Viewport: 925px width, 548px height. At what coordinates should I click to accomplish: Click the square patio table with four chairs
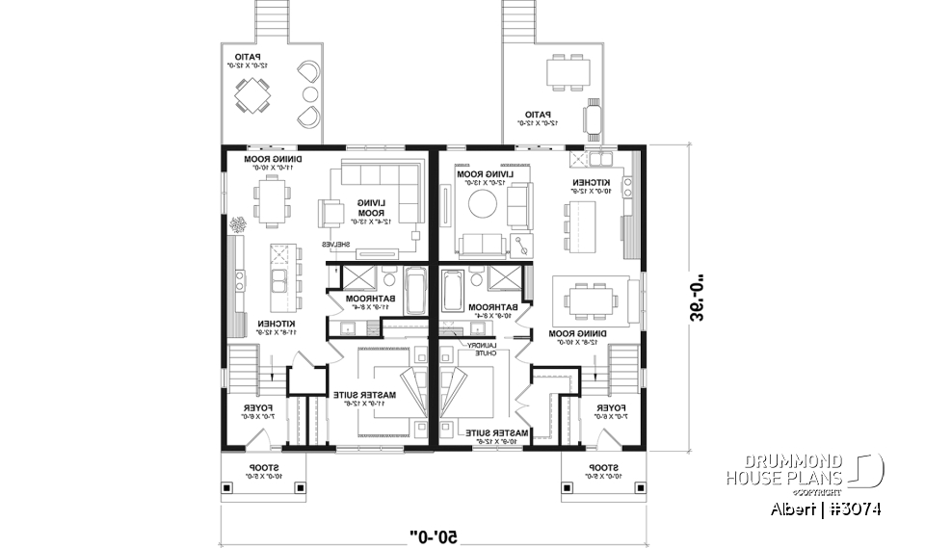pos(254,96)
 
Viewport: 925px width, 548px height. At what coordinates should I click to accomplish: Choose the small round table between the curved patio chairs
pos(310,94)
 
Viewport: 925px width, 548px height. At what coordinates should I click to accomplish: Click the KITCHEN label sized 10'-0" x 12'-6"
pos(589,187)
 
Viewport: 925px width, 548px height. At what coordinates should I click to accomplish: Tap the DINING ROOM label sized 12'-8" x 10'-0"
pos(575,336)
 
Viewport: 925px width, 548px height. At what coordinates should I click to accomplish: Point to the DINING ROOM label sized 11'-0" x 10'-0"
pos(272,162)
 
